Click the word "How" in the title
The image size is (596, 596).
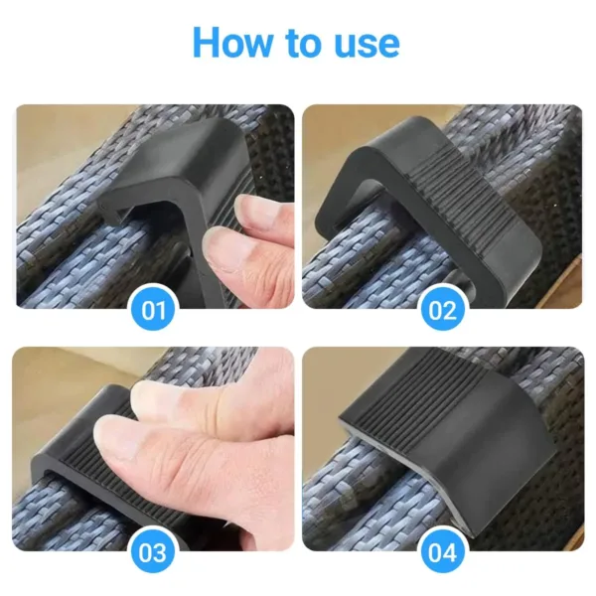232,42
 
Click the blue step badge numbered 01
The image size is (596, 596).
153,310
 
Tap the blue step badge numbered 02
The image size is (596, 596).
442,310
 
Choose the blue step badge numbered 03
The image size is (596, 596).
153,552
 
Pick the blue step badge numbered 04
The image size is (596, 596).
442,552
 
